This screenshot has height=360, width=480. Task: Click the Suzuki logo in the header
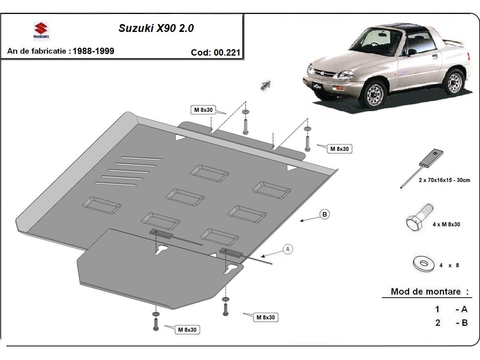click(41, 31)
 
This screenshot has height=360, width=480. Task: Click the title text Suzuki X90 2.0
click(156, 28)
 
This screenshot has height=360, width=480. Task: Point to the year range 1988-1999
click(94, 51)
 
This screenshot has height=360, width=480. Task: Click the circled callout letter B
click(325, 215)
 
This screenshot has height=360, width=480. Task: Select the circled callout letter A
click(287, 249)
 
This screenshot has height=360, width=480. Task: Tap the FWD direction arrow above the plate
click(266, 86)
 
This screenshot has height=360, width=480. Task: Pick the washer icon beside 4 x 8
click(423, 263)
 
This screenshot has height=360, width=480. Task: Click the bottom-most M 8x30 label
click(187, 330)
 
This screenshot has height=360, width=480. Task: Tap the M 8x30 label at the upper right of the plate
click(340, 149)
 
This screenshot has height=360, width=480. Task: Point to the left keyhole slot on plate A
click(162, 250)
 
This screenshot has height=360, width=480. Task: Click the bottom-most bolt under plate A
click(156, 322)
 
